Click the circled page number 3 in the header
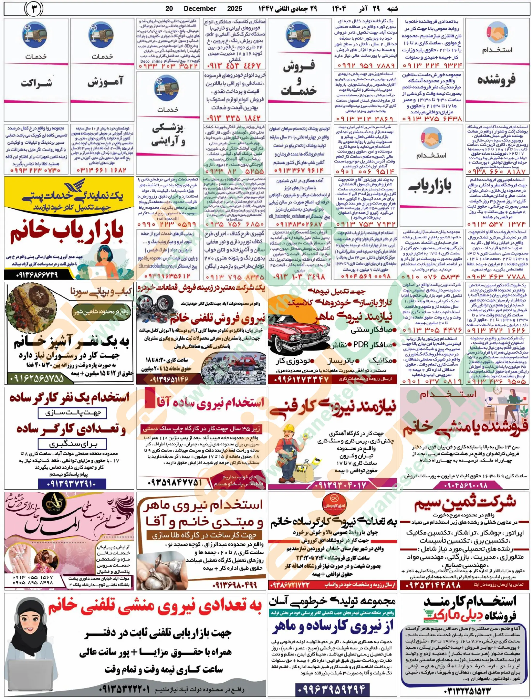(34, 9)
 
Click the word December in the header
(200, 8)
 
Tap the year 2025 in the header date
(235, 8)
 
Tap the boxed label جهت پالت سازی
(72, 413)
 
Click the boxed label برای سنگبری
(72, 444)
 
